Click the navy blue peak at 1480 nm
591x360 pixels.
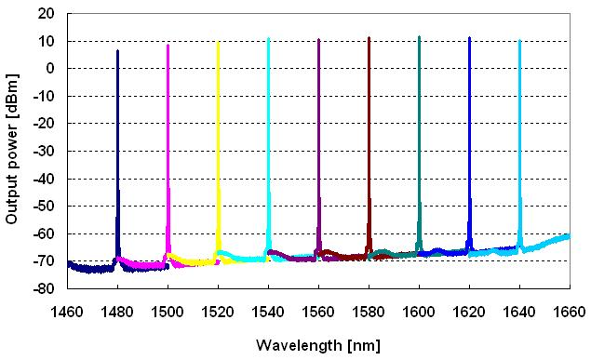tap(117, 52)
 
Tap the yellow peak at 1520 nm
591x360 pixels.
tap(218, 43)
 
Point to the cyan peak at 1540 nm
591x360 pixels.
tap(268, 40)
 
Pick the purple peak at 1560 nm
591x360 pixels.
tap(318, 41)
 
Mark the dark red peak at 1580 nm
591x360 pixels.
tap(369, 39)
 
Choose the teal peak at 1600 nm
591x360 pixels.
tap(419, 38)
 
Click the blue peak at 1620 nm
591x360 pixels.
tap(469, 39)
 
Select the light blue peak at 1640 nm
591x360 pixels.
tap(519, 41)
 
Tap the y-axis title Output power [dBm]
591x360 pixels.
tap(12, 152)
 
